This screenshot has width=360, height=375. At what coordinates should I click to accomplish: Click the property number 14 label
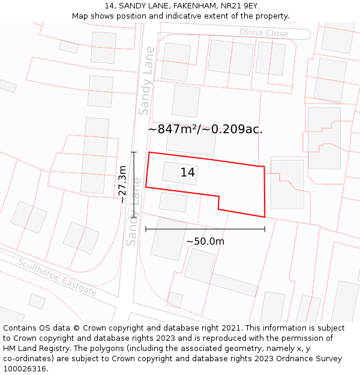click(187, 173)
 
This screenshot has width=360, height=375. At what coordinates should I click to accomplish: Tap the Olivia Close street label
click(263, 33)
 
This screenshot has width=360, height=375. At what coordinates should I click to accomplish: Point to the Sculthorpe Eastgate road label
click(56, 278)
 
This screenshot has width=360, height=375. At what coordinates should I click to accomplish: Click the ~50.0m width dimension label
click(205, 241)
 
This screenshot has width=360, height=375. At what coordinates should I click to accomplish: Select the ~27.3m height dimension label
click(122, 185)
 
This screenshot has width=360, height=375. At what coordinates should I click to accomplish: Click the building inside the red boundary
click(179, 173)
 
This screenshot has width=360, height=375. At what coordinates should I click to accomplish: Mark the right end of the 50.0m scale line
click(265, 229)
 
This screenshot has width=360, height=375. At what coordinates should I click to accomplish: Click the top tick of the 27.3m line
click(133, 152)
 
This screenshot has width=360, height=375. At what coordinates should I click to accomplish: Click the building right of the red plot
click(287, 184)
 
